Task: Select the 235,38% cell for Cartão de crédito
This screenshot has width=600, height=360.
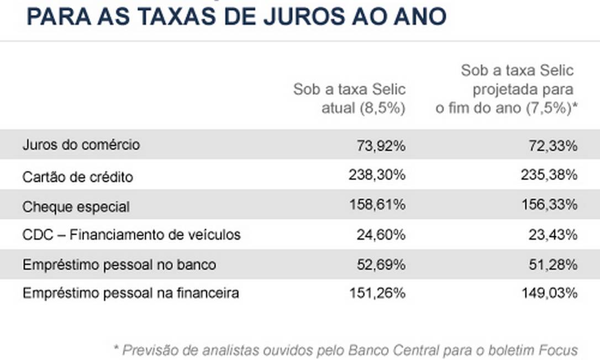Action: [548, 175]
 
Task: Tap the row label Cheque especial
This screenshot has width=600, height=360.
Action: [76, 207]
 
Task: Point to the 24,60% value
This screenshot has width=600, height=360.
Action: [381, 235]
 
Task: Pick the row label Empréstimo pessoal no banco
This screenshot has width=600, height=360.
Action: [119, 265]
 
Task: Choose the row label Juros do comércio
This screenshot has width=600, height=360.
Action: [81, 145]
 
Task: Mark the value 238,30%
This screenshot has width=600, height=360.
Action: [377, 175]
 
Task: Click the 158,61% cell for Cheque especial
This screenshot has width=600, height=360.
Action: [377, 205]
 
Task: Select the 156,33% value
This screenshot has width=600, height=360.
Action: [548, 205]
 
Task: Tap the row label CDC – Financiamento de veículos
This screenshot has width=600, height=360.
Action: [131, 235]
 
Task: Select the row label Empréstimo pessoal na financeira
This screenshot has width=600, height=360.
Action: [131, 293]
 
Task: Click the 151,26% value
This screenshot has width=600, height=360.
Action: [377, 293]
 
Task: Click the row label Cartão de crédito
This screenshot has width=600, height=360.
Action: [78, 177]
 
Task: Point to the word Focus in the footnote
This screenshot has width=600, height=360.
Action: [558, 350]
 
